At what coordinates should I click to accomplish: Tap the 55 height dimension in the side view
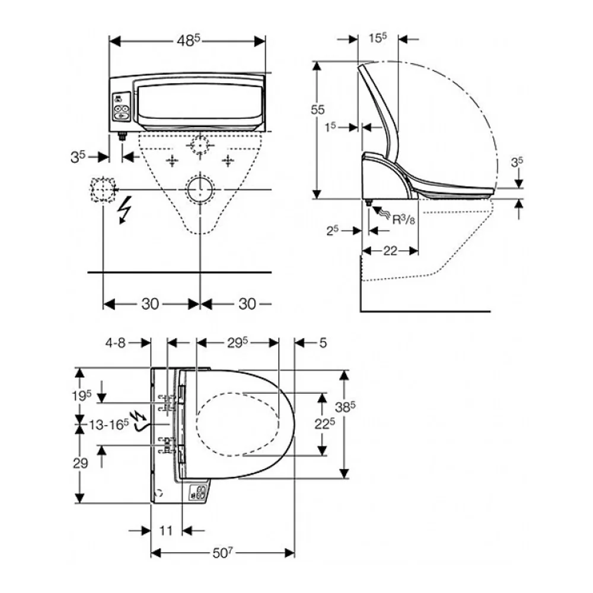[x=318, y=110]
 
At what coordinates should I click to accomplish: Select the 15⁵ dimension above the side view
[x=378, y=38]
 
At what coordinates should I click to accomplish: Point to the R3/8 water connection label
[x=403, y=219]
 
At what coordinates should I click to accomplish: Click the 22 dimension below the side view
[x=390, y=250]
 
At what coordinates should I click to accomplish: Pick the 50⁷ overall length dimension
[x=222, y=553]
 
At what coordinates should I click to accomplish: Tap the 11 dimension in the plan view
[x=165, y=531]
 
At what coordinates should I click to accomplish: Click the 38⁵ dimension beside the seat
[x=345, y=407]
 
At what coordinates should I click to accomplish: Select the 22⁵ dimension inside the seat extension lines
[x=325, y=423]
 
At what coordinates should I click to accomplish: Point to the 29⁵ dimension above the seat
[x=238, y=343]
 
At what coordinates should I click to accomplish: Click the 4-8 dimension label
[x=115, y=343]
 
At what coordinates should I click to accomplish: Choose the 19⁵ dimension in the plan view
[x=82, y=396]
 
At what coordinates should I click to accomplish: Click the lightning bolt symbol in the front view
[x=125, y=209]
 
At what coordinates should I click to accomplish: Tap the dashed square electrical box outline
[x=103, y=189]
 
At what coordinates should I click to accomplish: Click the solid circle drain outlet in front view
[x=200, y=189]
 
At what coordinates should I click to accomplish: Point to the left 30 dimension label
[x=150, y=304]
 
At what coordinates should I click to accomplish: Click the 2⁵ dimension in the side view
[x=333, y=230]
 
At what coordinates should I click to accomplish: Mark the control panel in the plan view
[x=199, y=492]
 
